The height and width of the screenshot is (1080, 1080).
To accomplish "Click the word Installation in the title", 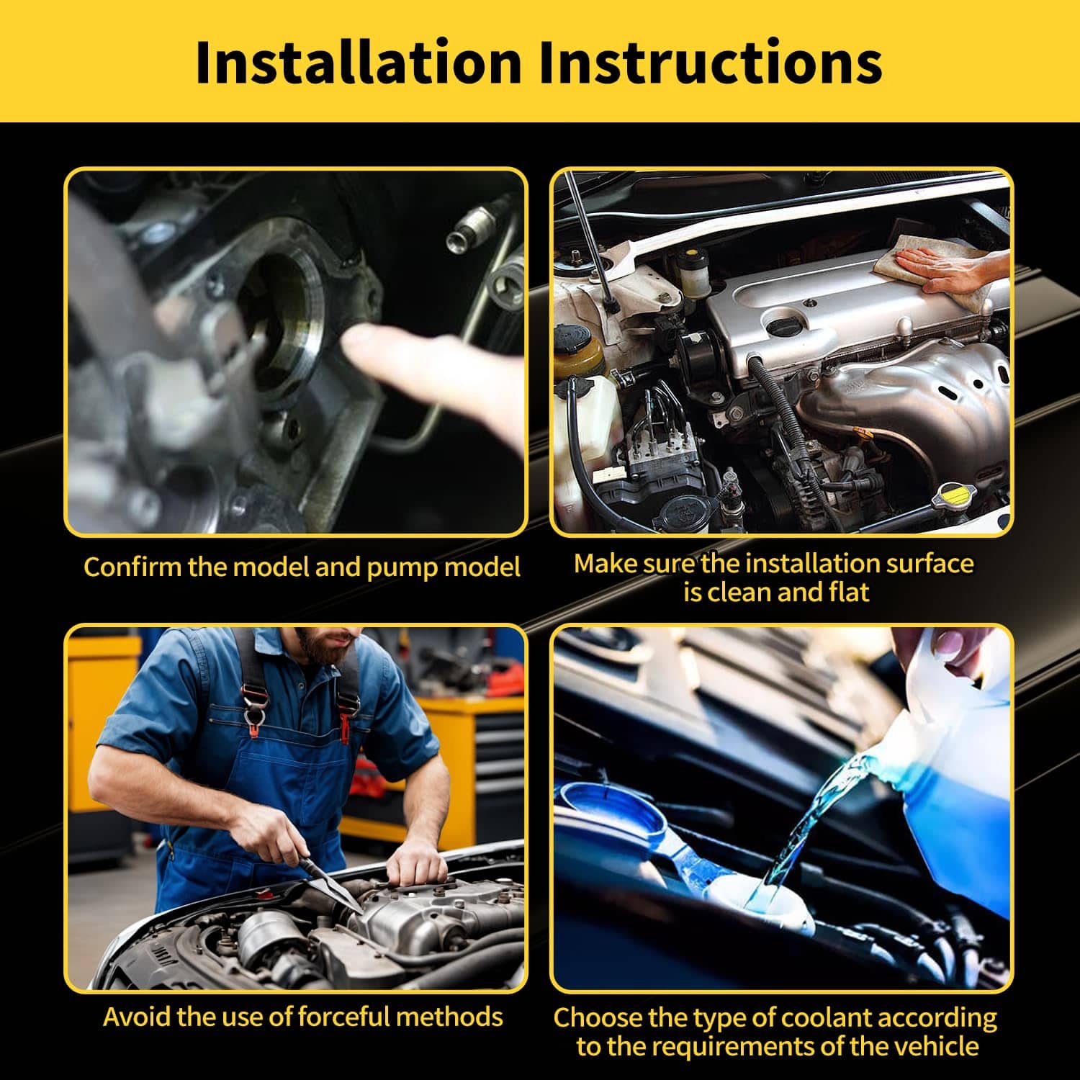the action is tap(358, 63).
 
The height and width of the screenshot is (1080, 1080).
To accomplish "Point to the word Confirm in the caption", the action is tap(132, 567).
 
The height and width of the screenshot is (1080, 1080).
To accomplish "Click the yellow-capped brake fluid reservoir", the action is tap(695, 274).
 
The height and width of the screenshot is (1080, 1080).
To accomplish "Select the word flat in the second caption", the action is tap(849, 592).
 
